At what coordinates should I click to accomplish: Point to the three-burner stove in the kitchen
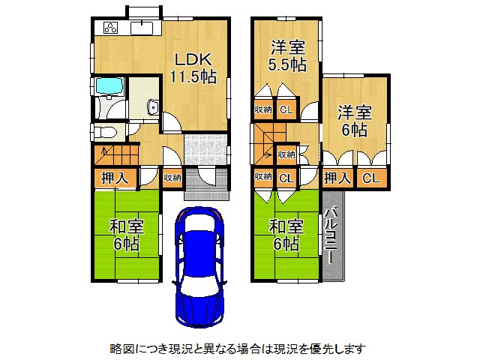[109, 28]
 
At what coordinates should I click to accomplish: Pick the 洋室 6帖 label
[354, 121]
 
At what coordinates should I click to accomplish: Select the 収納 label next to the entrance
[172, 178]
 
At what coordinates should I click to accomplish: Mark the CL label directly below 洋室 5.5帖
[286, 110]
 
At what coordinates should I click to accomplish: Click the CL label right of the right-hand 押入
[370, 178]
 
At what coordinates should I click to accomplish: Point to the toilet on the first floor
[105, 132]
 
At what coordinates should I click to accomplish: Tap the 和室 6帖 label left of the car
[127, 235]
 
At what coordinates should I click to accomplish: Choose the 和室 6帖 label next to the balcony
[286, 235]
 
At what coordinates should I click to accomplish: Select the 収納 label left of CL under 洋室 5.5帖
[262, 110]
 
